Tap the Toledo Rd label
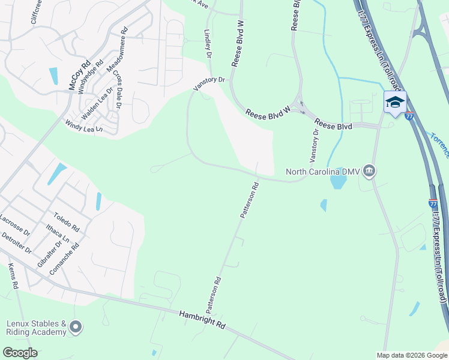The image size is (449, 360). (66, 221)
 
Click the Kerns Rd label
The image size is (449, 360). (13, 277)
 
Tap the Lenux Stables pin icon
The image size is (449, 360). (76, 327)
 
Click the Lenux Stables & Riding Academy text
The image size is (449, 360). (36, 328)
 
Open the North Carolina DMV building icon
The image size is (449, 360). (369, 172)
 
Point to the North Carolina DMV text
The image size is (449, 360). (322, 172)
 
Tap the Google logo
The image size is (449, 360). (20, 353)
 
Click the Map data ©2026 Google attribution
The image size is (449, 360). (411, 355)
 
